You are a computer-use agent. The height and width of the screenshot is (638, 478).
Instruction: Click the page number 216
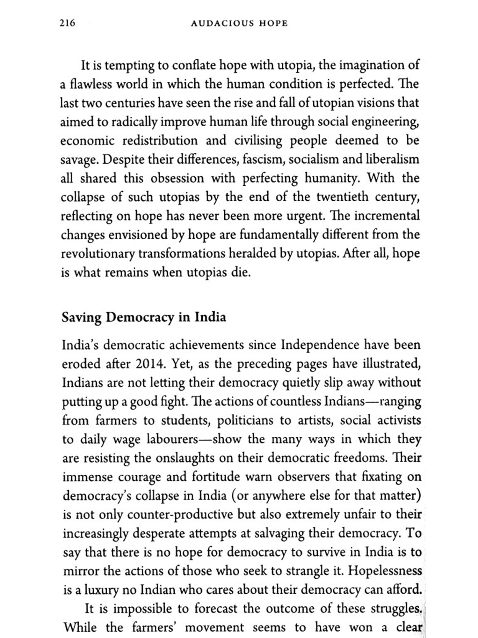[x=67, y=23]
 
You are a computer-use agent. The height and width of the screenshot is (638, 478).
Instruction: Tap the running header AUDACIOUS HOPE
[x=239, y=23]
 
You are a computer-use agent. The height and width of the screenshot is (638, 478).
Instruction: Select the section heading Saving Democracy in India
[x=144, y=317]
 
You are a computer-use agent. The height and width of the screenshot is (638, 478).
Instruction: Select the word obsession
[x=177, y=178]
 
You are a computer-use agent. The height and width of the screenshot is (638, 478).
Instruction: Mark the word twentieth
[x=342, y=197]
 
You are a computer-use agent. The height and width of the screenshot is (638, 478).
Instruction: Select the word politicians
[x=245, y=420]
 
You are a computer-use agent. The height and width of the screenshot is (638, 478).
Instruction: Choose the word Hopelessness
[x=385, y=571]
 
